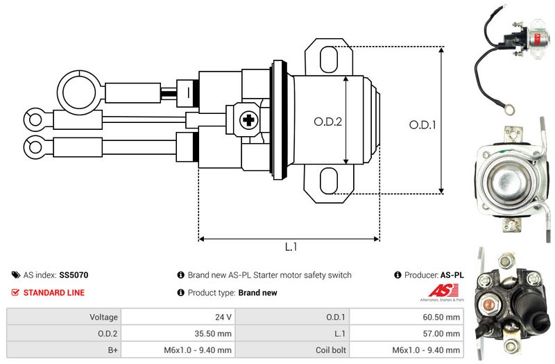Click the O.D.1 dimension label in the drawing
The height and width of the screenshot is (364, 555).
[x=422, y=125]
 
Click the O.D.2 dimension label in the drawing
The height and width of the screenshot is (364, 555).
[x=328, y=121]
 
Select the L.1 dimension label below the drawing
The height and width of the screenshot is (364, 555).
[x=291, y=247]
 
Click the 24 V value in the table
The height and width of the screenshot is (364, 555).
[x=223, y=317]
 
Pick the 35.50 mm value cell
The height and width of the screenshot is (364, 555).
[x=215, y=333]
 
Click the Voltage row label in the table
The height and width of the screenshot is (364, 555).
[x=103, y=317]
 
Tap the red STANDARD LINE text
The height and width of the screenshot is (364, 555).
[x=54, y=292]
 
